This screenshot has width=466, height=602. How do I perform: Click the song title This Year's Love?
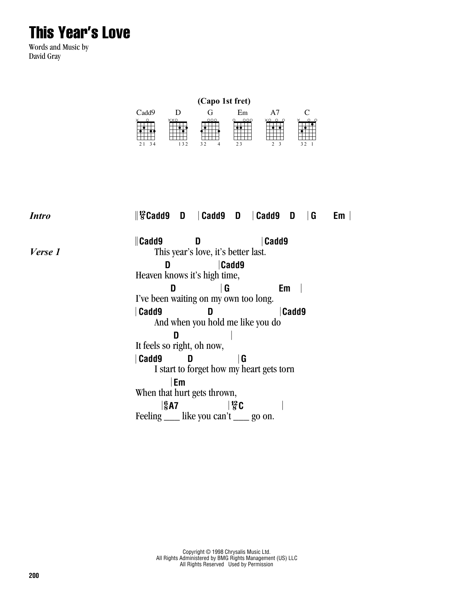coord(79,33)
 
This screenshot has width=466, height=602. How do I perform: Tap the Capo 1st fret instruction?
coord(224,101)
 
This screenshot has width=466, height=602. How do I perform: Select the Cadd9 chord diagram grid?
coord(146,131)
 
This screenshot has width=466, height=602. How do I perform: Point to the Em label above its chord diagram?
coord(242,113)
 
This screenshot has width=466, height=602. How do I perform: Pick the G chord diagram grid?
coord(210,131)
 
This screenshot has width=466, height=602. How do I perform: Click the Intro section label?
coord(40,216)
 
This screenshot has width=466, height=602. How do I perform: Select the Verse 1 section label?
coord(45,252)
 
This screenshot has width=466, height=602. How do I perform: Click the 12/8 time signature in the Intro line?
coord(142,216)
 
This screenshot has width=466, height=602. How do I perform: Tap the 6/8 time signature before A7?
coord(166,405)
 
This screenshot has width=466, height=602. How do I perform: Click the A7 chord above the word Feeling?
coord(173,405)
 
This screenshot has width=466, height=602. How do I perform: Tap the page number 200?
coord(33,576)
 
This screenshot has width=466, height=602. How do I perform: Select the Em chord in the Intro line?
coord(339,216)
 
